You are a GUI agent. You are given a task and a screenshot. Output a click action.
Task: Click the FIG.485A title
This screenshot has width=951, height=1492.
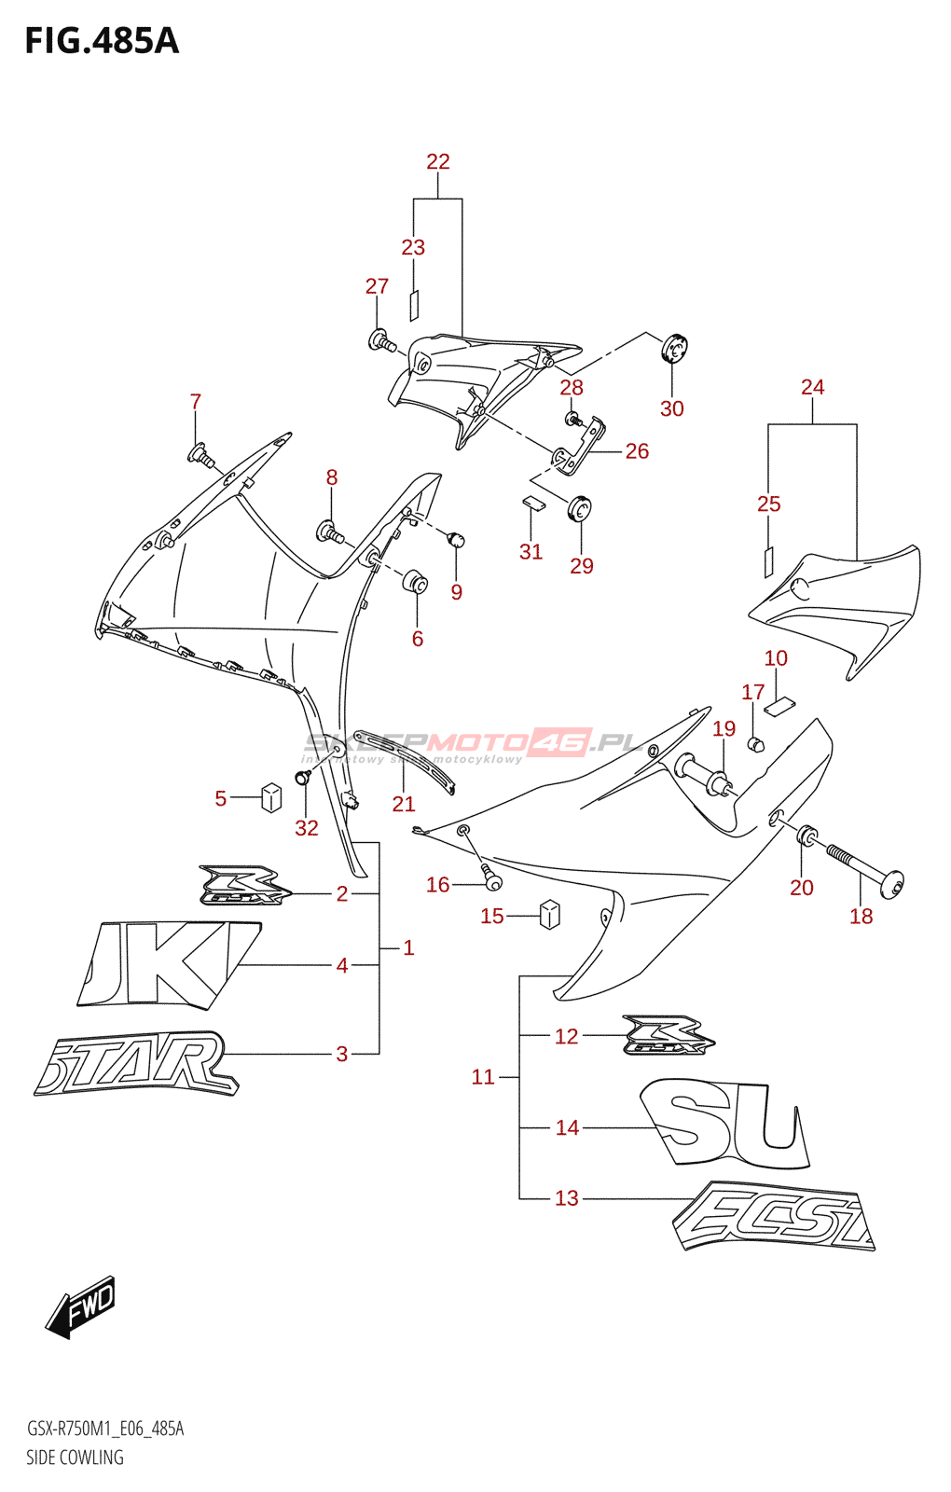pos(102,41)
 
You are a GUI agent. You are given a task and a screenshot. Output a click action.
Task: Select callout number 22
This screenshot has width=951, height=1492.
pos(438,161)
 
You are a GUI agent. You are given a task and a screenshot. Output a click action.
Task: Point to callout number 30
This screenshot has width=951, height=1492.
pos(672,408)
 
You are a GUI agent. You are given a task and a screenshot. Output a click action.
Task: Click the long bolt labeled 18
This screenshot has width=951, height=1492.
pos(862,866)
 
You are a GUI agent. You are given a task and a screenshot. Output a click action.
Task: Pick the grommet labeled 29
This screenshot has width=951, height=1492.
pos(580,509)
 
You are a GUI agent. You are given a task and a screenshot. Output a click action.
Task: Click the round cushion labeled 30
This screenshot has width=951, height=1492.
pos(674,348)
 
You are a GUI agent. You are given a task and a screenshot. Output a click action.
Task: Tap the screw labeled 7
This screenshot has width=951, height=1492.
pos(200,456)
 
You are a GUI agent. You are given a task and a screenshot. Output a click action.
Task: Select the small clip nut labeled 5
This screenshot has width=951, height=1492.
pos(271,797)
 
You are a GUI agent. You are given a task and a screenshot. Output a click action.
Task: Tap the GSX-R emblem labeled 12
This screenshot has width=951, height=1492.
pos(668,1035)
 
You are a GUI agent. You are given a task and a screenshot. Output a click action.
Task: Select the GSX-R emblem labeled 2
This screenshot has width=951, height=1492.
pos(241,886)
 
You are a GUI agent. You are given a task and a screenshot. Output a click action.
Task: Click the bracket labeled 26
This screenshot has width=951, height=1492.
pos(580,449)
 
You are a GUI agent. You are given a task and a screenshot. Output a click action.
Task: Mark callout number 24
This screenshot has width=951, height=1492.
pos(812,387)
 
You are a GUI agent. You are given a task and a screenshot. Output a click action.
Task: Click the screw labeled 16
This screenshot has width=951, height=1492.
pos(490,878)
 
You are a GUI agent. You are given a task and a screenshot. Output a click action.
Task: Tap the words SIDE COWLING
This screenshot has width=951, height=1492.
pos(75,1457)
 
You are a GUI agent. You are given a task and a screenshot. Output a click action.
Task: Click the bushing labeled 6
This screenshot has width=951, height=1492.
pos(415,584)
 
